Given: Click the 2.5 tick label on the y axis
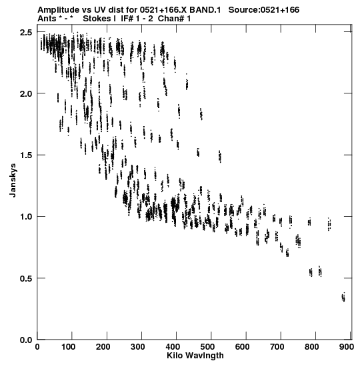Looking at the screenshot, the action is [27, 32].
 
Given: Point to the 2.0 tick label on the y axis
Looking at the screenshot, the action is [27, 93].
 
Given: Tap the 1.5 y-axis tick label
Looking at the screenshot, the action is [27, 155].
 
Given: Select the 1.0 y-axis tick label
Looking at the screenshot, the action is [27, 216].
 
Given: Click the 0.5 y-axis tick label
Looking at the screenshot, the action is [27, 278].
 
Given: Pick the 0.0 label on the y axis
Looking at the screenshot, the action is [27, 340].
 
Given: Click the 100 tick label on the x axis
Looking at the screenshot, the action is [69, 347].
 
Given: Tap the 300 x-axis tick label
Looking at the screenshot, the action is [138, 347].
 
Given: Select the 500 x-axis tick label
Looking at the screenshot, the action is [207, 347].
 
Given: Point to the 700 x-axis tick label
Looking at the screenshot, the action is [277, 347].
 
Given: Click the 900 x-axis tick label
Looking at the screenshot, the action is [347, 347].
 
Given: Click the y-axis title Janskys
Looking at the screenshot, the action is [13, 180].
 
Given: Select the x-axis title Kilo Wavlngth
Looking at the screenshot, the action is [195, 356].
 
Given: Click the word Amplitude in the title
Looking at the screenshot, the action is [59, 10].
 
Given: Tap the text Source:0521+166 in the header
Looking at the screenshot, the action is [264, 10].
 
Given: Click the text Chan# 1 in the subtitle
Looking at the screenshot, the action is [174, 19].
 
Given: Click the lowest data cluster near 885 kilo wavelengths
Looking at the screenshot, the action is [343, 297].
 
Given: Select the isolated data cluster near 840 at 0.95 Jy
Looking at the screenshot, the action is [329, 224].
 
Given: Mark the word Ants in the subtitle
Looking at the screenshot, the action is [47, 19].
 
